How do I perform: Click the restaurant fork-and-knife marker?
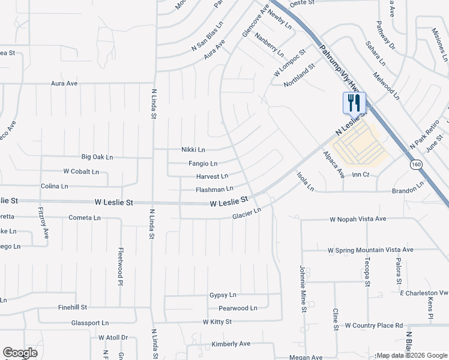coord(354,103)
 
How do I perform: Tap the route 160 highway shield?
coord(415,164)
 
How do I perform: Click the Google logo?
coord(20,353)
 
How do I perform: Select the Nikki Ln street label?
coord(193,149)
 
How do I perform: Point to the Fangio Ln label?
coord(203,163)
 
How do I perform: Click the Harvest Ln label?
coord(212,176)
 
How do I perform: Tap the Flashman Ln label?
coord(214,189)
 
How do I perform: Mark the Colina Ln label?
coord(54,187)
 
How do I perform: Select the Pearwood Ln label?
coord(238,308)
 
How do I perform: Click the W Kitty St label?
coord(217,322)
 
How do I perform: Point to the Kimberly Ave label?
coord(231,344)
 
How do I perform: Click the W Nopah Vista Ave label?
coord(357,220)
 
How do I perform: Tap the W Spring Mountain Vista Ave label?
coord(370,250)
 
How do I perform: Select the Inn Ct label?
coord(360,175)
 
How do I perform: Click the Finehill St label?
coord(73,307)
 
